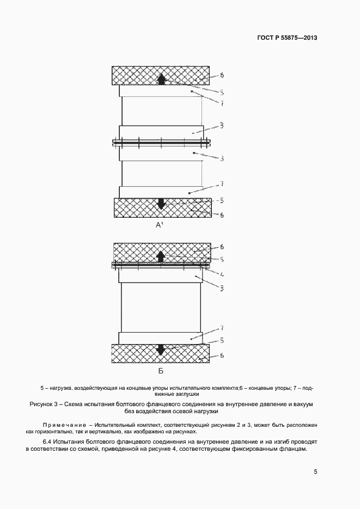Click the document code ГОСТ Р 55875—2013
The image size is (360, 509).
286,38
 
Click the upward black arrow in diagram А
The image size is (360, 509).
161,79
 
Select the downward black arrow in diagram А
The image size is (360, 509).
161,204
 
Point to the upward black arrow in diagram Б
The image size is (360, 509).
161,255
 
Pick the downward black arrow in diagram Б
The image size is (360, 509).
161,350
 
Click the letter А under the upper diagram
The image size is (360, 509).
159,225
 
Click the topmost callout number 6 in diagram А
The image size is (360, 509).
222,75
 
